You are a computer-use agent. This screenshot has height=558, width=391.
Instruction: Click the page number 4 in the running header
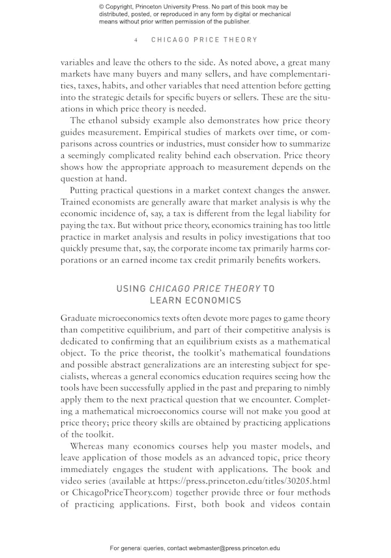[136, 40]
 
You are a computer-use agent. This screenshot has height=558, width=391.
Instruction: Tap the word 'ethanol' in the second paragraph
[106, 120]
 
